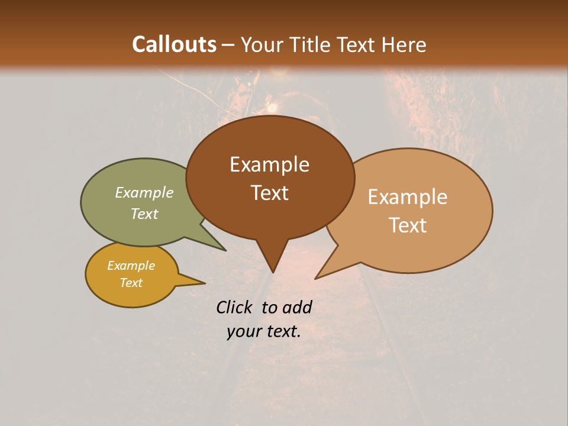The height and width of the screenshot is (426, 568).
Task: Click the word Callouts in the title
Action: click(x=174, y=44)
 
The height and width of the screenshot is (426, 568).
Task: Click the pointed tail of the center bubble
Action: click(x=272, y=260)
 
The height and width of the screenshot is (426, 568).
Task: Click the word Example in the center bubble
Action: click(x=269, y=164)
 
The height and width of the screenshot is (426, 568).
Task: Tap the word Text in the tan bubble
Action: click(x=408, y=225)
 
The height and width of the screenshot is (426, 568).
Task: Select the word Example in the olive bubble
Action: click(x=144, y=193)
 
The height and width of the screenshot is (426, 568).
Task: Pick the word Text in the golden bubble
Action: click(x=131, y=283)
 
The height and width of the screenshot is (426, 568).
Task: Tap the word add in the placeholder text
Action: click(x=297, y=307)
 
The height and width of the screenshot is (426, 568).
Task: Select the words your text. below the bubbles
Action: click(x=264, y=332)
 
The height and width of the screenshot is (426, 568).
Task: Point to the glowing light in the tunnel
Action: click(x=273, y=108)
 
